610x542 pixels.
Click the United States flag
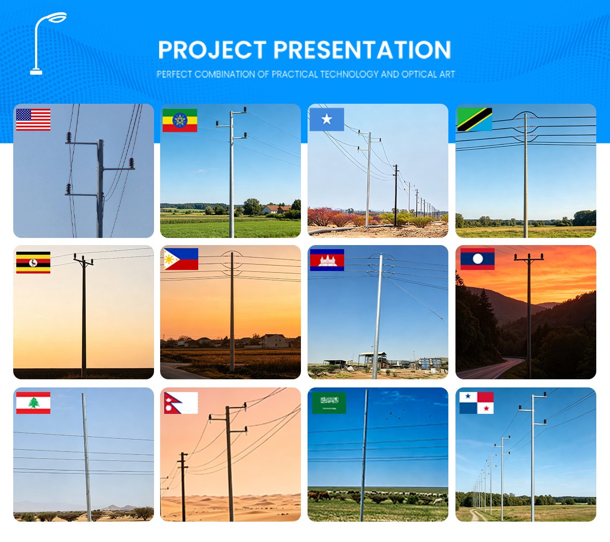tap(33, 119)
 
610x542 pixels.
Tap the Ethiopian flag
tap(179, 121)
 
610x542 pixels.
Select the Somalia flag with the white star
tap(326, 119)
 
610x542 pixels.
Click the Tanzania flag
tap(474, 119)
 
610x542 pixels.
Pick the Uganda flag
tap(33, 262)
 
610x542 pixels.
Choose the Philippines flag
tap(180, 259)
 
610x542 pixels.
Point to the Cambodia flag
tap(327, 260)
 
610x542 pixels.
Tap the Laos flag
tap(477, 259)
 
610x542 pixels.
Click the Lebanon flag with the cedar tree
tap(33, 403)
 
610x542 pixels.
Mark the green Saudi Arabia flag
tap(329, 403)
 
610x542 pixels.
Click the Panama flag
tap(476, 403)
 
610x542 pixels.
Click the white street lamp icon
tap(46, 43)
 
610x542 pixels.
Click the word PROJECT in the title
tap(212, 50)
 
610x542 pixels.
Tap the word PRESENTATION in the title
tap(362, 50)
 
